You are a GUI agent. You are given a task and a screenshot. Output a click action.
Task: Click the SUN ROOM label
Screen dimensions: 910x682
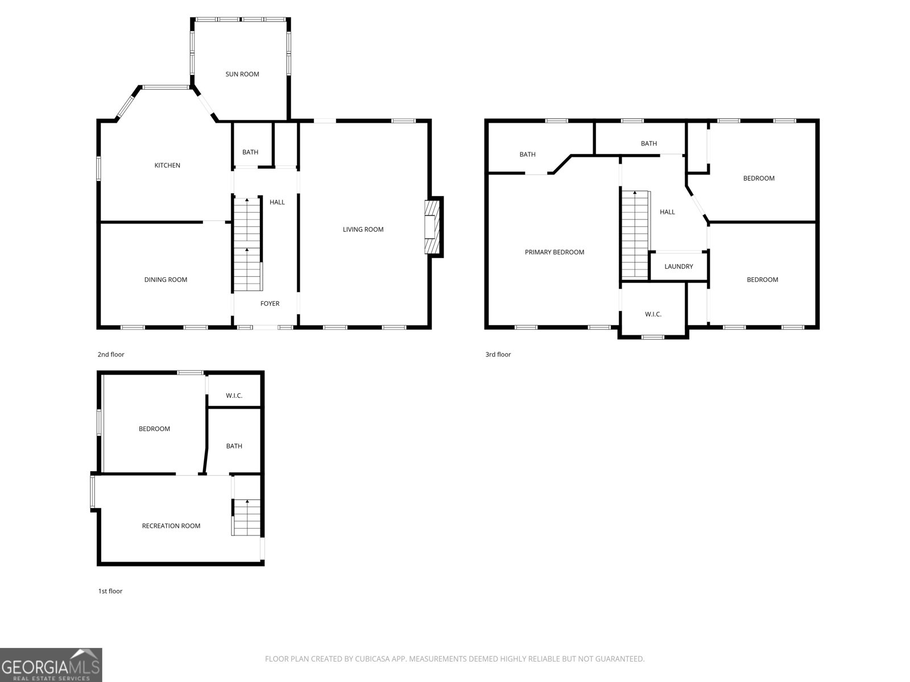(x=242, y=74)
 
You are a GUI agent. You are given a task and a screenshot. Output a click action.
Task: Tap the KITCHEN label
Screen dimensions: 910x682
(x=167, y=165)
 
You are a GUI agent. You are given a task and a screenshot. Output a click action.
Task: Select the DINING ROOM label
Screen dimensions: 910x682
(x=166, y=280)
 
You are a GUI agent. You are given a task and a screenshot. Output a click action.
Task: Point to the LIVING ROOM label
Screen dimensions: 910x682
(x=363, y=230)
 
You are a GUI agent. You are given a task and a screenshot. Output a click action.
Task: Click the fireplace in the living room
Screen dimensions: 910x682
(x=433, y=227)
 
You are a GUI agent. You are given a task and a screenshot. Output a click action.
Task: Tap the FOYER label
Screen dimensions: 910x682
(x=270, y=303)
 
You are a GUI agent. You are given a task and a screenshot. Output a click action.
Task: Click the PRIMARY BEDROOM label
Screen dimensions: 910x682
(x=555, y=252)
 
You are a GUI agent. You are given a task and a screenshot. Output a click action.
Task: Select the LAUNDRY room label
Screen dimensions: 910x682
(x=679, y=266)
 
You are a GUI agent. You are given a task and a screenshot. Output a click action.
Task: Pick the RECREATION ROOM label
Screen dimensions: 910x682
(x=171, y=526)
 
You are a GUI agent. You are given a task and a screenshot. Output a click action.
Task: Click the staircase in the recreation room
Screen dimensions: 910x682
(x=246, y=518)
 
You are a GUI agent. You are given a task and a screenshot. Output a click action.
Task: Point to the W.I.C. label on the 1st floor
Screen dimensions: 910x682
(x=234, y=396)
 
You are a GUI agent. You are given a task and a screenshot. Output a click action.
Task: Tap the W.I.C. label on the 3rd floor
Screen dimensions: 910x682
(x=653, y=314)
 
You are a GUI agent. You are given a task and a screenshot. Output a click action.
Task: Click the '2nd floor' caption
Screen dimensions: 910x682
(x=111, y=355)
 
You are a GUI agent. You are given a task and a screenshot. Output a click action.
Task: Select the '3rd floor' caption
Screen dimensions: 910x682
(x=498, y=355)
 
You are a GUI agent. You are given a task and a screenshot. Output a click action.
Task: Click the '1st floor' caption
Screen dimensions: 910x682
(x=110, y=591)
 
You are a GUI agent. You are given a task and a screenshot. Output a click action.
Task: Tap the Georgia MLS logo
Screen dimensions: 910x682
(x=51, y=664)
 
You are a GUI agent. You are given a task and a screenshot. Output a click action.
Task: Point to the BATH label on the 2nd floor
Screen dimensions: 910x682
(x=250, y=152)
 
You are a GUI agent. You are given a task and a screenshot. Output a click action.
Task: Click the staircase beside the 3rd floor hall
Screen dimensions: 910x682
(x=634, y=234)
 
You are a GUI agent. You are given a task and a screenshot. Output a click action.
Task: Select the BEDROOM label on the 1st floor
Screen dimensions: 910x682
(x=154, y=429)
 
